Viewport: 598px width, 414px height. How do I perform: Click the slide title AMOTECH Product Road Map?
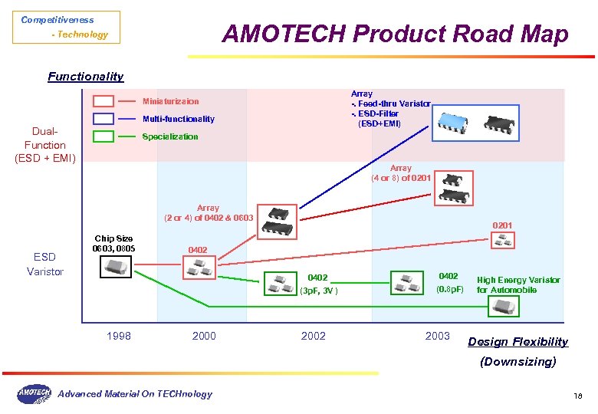pos(395,34)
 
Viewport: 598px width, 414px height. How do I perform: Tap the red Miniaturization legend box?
pos(103,101)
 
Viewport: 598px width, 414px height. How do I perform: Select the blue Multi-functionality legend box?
pos(103,119)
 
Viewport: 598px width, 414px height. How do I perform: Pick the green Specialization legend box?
pos(103,136)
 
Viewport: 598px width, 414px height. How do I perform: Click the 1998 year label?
pos(119,336)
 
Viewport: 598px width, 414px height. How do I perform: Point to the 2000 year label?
pos(204,336)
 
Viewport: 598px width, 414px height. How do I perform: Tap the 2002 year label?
pos(313,336)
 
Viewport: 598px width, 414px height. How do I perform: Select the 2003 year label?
pos(437,336)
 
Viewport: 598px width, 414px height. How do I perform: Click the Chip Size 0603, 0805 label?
pos(113,244)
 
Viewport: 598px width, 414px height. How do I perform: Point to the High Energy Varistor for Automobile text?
pos(518,285)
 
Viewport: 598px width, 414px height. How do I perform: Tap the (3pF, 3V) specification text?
pos(317,291)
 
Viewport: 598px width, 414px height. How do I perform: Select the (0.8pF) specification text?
pos(449,290)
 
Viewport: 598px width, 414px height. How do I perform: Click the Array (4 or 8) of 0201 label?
pos(400,173)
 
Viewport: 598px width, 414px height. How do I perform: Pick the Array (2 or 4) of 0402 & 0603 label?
pos(208,213)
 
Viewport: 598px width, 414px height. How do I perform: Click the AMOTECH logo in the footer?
pos(34,393)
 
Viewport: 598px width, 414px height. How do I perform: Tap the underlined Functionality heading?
pos(85,77)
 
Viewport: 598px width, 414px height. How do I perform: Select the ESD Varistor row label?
pos(44,264)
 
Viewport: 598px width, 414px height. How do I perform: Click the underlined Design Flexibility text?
pos(517,342)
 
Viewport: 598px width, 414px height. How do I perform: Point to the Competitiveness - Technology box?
pos(66,27)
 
